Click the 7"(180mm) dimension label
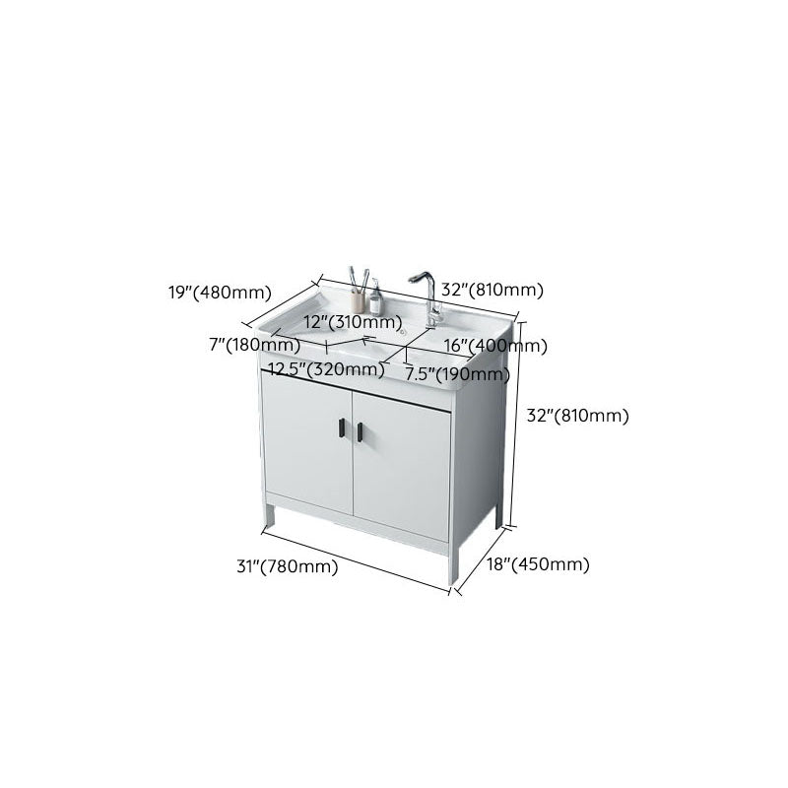coord(256,345)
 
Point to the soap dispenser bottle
coord(375,294)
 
